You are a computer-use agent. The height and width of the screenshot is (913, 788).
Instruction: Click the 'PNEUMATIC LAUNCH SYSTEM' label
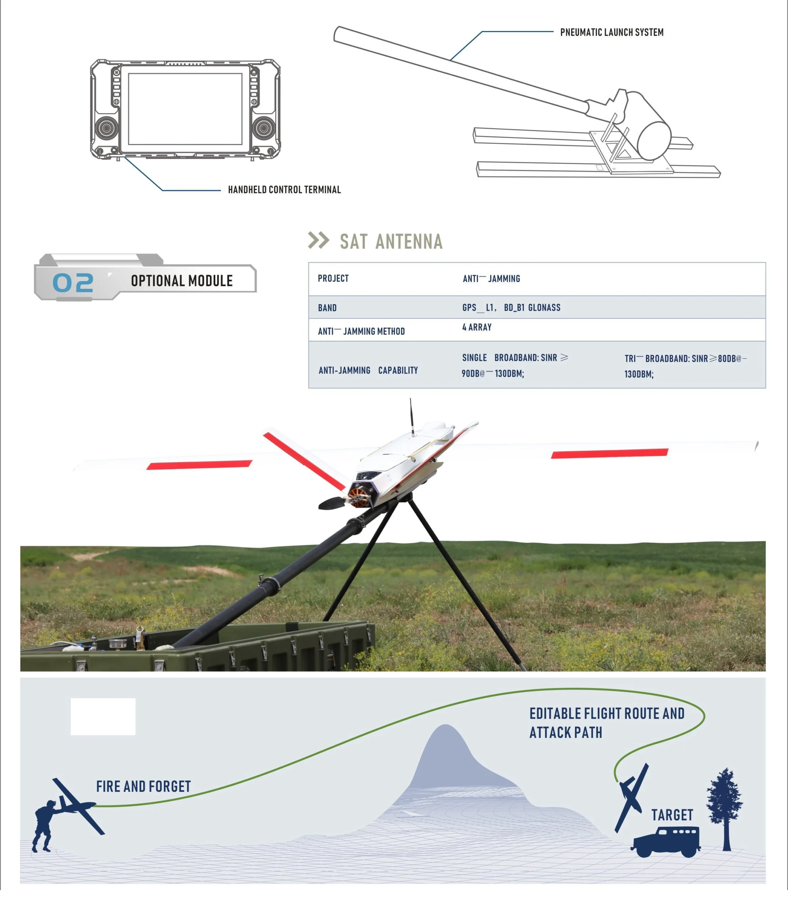pyautogui.click(x=612, y=32)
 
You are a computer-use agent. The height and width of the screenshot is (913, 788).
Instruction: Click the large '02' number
pyautogui.click(x=73, y=282)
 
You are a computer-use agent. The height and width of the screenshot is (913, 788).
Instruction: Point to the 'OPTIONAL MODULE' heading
pyautogui.click(x=182, y=281)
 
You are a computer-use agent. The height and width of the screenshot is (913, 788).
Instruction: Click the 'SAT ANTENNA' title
pyautogui.click(x=391, y=241)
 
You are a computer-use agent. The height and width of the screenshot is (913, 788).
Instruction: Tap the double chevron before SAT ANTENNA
pyautogui.click(x=318, y=240)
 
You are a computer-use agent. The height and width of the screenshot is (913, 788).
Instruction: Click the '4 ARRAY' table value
pyautogui.click(x=477, y=327)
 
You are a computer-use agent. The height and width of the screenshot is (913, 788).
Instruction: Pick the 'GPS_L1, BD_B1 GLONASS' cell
pyautogui.click(x=511, y=307)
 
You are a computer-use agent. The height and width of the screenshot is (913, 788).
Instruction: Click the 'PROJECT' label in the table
pyautogui.click(x=333, y=279)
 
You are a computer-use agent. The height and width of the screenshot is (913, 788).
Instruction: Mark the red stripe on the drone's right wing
pyautogui.click(x=610, y=453)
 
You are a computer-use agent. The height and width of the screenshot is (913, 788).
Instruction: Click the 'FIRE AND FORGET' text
pyautogui.click(x=143, y=786)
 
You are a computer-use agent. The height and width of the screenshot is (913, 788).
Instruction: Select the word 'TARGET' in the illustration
pyautogui.click(x=672, y=815)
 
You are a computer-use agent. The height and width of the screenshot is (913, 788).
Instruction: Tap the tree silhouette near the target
pyautogui.click(x=725, y=810)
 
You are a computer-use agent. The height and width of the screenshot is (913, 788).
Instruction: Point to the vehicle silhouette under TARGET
pyautogui.click(x=666, y=842)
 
